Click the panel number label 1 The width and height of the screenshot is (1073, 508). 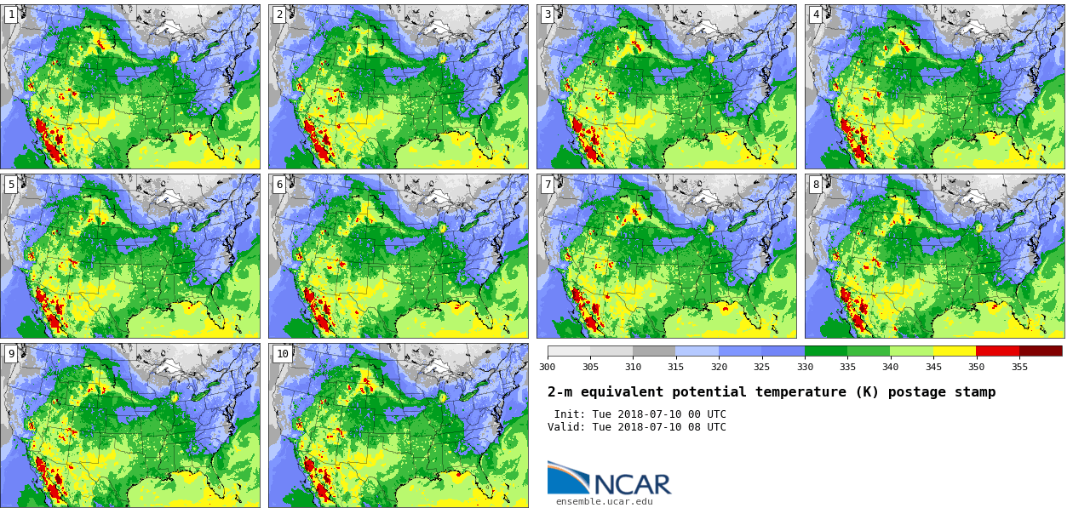click(x=11, y=14)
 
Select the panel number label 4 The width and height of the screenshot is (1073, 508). click(x=816, y=14)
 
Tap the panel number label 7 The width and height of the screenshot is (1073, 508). click(x=548, y=185)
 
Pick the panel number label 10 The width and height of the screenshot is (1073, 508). click(x=282, y=354)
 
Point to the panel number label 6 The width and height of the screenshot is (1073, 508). click(x=279, y=185)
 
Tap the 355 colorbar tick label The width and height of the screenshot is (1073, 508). click(x=1019, y=367)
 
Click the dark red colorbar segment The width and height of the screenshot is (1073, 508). click(x=1041, y=351)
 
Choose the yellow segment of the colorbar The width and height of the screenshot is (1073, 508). click(x=955, y=351)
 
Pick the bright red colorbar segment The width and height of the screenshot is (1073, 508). click(x=997, y=351)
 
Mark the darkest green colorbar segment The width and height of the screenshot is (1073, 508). click(x=826, y=351)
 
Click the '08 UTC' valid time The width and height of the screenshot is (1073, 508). click(x=706, y=427)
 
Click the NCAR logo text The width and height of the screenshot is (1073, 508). click(x=632, y=484)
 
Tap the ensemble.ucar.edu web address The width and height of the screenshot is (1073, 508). click(x=604, y=501)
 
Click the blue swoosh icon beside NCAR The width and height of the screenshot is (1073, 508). click(x=567, y=477)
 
